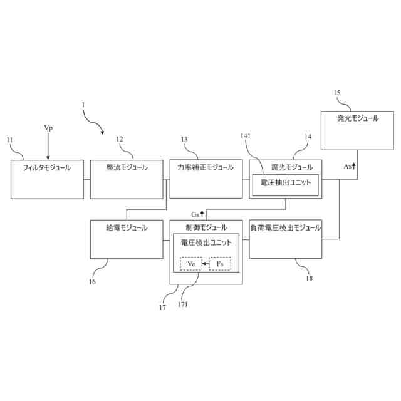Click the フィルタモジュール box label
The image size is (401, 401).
click(47, 168)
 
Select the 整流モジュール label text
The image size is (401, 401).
click(127, 168)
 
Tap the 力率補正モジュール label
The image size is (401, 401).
click(206, 168)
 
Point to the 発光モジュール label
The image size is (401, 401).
click(357, 118)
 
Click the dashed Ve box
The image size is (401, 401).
click(191, 264)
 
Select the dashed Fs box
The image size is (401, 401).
click(220, 264)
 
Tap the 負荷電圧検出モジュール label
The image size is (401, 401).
click(285, 228)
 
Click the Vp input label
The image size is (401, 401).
click(48, 128)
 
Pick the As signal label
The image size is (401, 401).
click(348, 167)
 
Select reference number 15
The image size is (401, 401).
click(337, 93)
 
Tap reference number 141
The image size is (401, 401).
click(245, 135)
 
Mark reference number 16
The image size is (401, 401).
click(92, 282)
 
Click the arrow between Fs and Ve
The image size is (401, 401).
click(206, 264)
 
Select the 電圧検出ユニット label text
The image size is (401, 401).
click(206, 242)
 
